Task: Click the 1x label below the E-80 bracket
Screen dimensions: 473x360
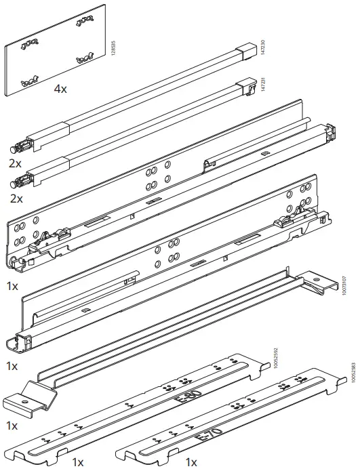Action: point(78,462)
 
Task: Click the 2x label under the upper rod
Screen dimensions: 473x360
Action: point(16,164)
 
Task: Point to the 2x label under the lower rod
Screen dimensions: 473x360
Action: point(16,199)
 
